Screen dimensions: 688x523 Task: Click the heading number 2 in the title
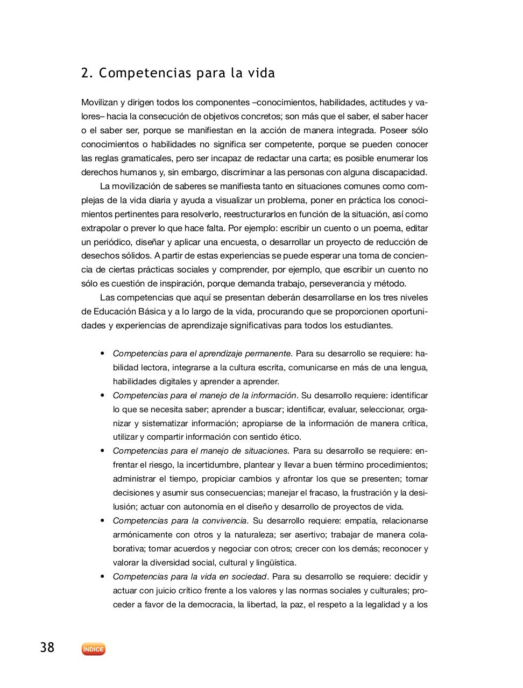pos(85,73)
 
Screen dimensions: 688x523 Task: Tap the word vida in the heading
pos(261,73)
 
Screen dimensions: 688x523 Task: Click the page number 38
pos(47,648)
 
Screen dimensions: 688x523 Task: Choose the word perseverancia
pos(334,284)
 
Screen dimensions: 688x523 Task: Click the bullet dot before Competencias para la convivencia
pos(102,520)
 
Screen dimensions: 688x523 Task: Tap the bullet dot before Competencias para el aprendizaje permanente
pos(102,354)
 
